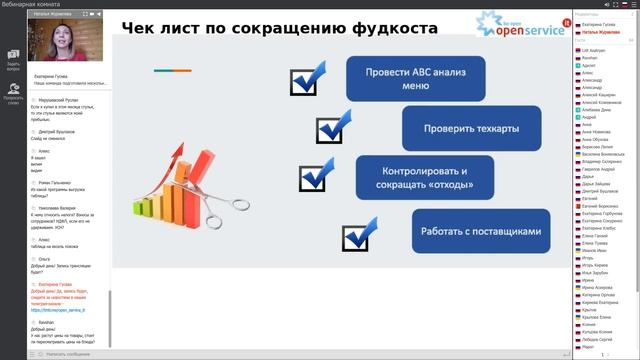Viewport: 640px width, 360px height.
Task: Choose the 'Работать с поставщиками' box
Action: pyautogui.click(x=480, y=230)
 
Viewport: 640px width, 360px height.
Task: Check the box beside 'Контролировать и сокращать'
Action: pyautogui.click(x=312, y=177)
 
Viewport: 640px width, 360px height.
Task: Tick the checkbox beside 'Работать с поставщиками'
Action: pyautogui.click(x=358, y=236)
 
